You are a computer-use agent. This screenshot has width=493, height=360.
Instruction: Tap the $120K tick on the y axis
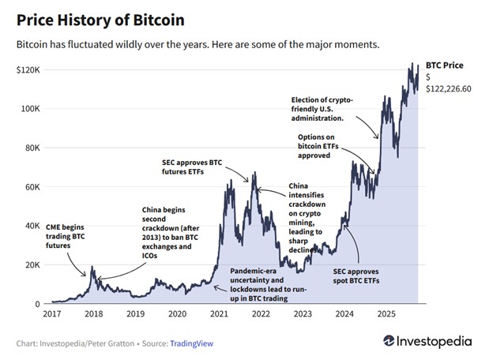click(x=28, y=70)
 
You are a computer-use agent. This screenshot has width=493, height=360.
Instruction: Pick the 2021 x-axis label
click(x=219, y=313)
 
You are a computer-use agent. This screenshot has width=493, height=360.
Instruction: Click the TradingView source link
click(x=192, y=343)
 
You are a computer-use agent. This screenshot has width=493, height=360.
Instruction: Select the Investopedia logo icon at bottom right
click(x=389, y=342)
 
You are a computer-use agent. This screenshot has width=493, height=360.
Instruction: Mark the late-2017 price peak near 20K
click(x=92, y=268)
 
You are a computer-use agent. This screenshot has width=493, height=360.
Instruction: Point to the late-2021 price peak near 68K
click(x=254, y=172)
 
